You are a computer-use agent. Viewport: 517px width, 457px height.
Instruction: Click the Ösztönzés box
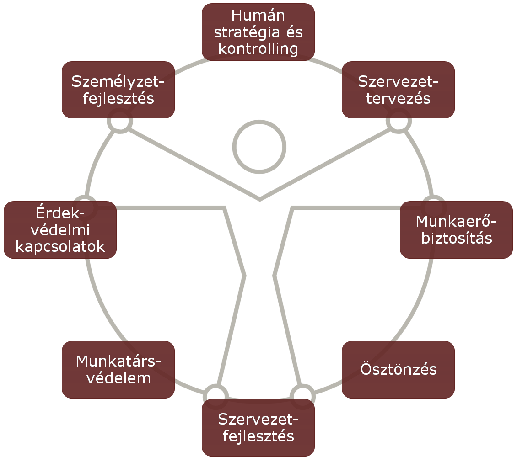point(398,369)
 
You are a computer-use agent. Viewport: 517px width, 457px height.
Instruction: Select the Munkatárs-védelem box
point(118,369)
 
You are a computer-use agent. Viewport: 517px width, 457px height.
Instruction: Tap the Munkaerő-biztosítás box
point(456,229)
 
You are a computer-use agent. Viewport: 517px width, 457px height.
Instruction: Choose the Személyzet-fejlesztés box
point(118,90)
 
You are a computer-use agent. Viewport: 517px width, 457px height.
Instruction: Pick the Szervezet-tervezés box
point(398,90)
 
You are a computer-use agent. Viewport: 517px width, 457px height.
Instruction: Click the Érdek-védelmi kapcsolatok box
point(60,230)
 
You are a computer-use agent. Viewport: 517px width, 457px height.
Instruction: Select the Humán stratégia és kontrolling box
point(258,32)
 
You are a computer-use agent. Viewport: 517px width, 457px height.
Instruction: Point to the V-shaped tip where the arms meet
point(260,199)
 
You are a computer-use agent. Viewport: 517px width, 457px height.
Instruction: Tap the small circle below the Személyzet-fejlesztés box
point(120,122)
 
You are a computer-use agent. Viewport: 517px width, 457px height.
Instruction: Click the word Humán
point(258,16)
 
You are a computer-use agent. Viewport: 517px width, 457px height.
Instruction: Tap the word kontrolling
point(258,48)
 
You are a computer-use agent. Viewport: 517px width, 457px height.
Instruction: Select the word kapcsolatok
point(60,247)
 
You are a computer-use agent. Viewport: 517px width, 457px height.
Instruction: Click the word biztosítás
point(456,238)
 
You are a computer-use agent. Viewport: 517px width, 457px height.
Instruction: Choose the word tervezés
point(398,98)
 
